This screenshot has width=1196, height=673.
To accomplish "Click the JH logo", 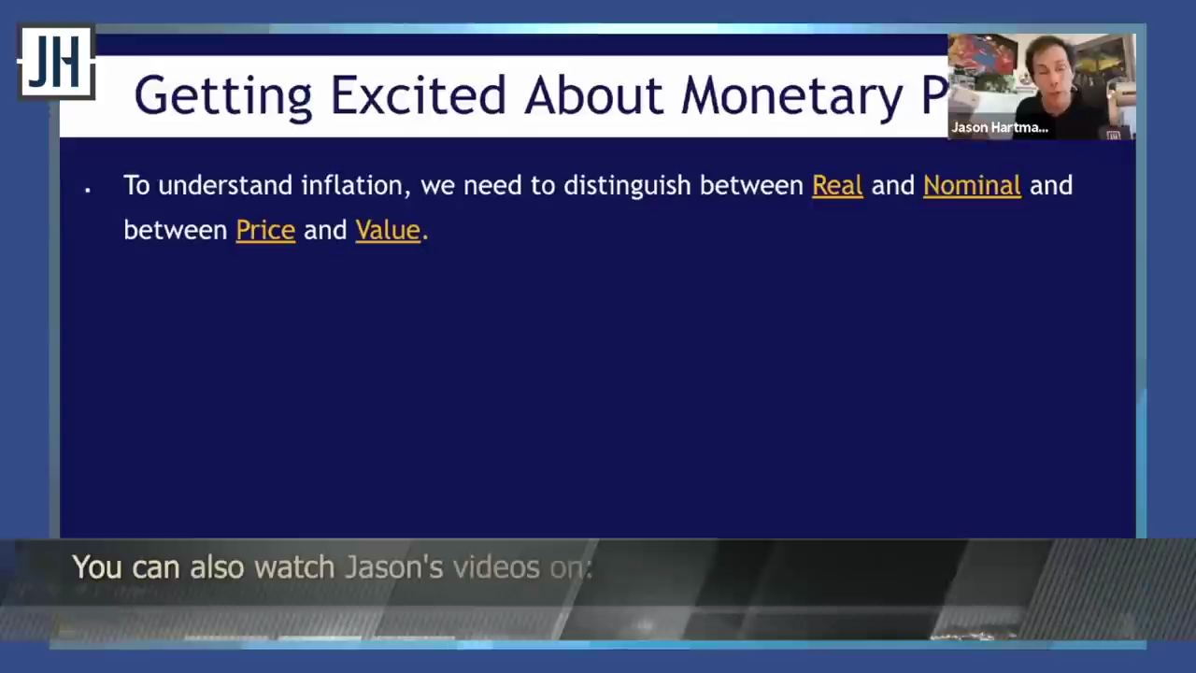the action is point(57,62).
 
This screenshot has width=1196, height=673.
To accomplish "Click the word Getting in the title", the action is point(223,96).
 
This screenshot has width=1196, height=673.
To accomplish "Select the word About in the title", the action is point(593,95).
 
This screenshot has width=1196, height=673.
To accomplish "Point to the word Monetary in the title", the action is point(791,96).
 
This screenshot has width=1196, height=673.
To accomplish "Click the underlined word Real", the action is point(837,185).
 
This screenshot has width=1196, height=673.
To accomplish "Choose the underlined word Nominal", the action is point(972,185).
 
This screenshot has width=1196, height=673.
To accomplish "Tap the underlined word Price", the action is point(265,230).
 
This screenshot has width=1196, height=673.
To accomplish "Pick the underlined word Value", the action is point(388,230).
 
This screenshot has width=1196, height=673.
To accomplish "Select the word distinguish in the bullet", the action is point(627,186).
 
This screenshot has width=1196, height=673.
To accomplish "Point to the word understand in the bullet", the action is point(225,185).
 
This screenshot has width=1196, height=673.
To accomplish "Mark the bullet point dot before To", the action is point(88,189).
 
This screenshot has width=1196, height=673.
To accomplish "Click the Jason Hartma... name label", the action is point(1000,128).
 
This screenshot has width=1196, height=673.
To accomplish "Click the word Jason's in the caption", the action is point(393,566).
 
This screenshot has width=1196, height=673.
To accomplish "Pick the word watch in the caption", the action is point(294,566).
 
